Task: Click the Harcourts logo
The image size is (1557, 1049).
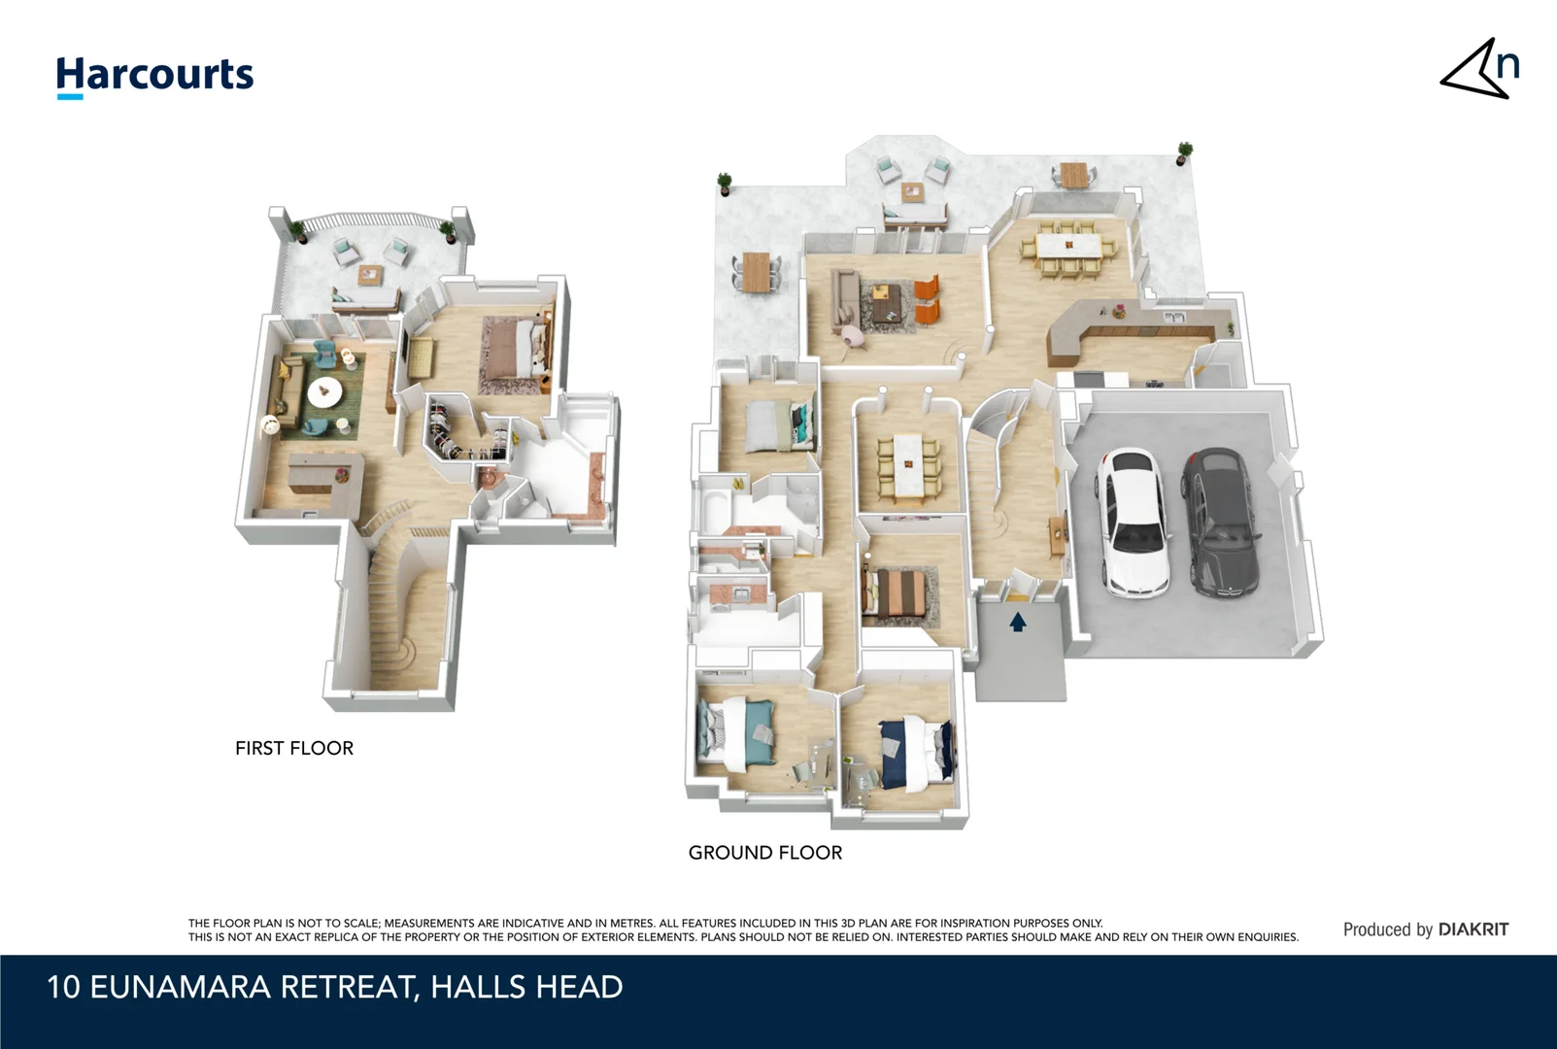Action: click(154, 76)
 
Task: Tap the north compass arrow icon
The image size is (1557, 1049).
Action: click(1479, 70)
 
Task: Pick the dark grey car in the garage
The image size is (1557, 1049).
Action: click(1221, 522)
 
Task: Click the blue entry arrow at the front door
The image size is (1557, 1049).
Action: click(1018, 622)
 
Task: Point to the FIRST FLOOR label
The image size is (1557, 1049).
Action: click(294, 748)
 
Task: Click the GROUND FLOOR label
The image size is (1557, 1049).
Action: click(765, 853)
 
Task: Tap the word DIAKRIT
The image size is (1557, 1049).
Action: click(1473, 930)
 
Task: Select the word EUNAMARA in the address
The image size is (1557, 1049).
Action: click(181, 987)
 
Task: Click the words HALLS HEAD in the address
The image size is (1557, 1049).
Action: click(526, 987)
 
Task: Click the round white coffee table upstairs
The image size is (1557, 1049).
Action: click(324, 392)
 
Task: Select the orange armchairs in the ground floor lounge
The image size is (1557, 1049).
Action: click(928, 298)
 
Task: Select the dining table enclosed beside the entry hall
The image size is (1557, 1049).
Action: click(908, 464)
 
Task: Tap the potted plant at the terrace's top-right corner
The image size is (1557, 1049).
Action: click(1184, 152)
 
